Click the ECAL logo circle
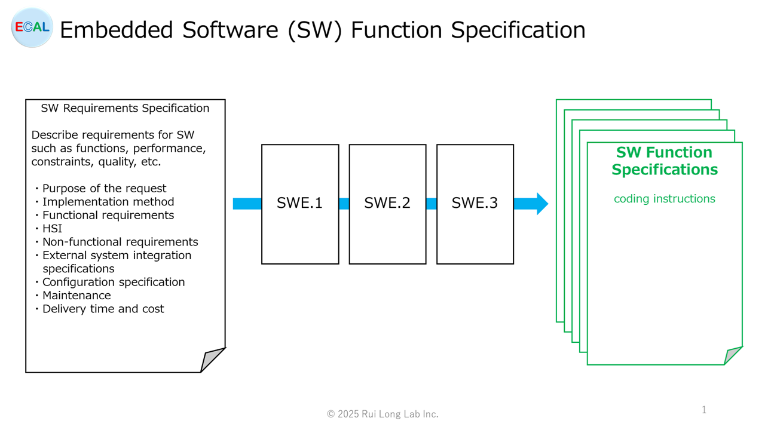(x=32, y=27)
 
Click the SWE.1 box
(x=300, y=204)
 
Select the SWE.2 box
(x=388, y=204)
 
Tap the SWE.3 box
(x=475, y=204)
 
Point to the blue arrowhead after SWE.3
(x=541, y=204)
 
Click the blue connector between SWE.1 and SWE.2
(x=344, y=204)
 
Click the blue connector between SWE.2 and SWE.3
(x=432, y=204)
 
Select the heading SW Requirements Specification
(x=125, y=108)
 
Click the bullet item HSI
(x=52, y=228)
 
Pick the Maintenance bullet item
(x=76, y=295)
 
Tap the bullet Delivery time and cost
(x=103, y=309)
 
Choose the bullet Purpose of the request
(x=104, y=188)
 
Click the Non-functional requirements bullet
(x=120, y=242)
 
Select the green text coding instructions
(x=664, y=199)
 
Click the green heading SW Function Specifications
(x=665, y=161)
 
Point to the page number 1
(x=704, y=410)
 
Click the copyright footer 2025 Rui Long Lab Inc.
(x=382, y=414)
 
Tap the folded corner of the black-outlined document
(x=212, y=358)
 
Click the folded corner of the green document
(x=732, y=355)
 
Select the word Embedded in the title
(x=117, y=30)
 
